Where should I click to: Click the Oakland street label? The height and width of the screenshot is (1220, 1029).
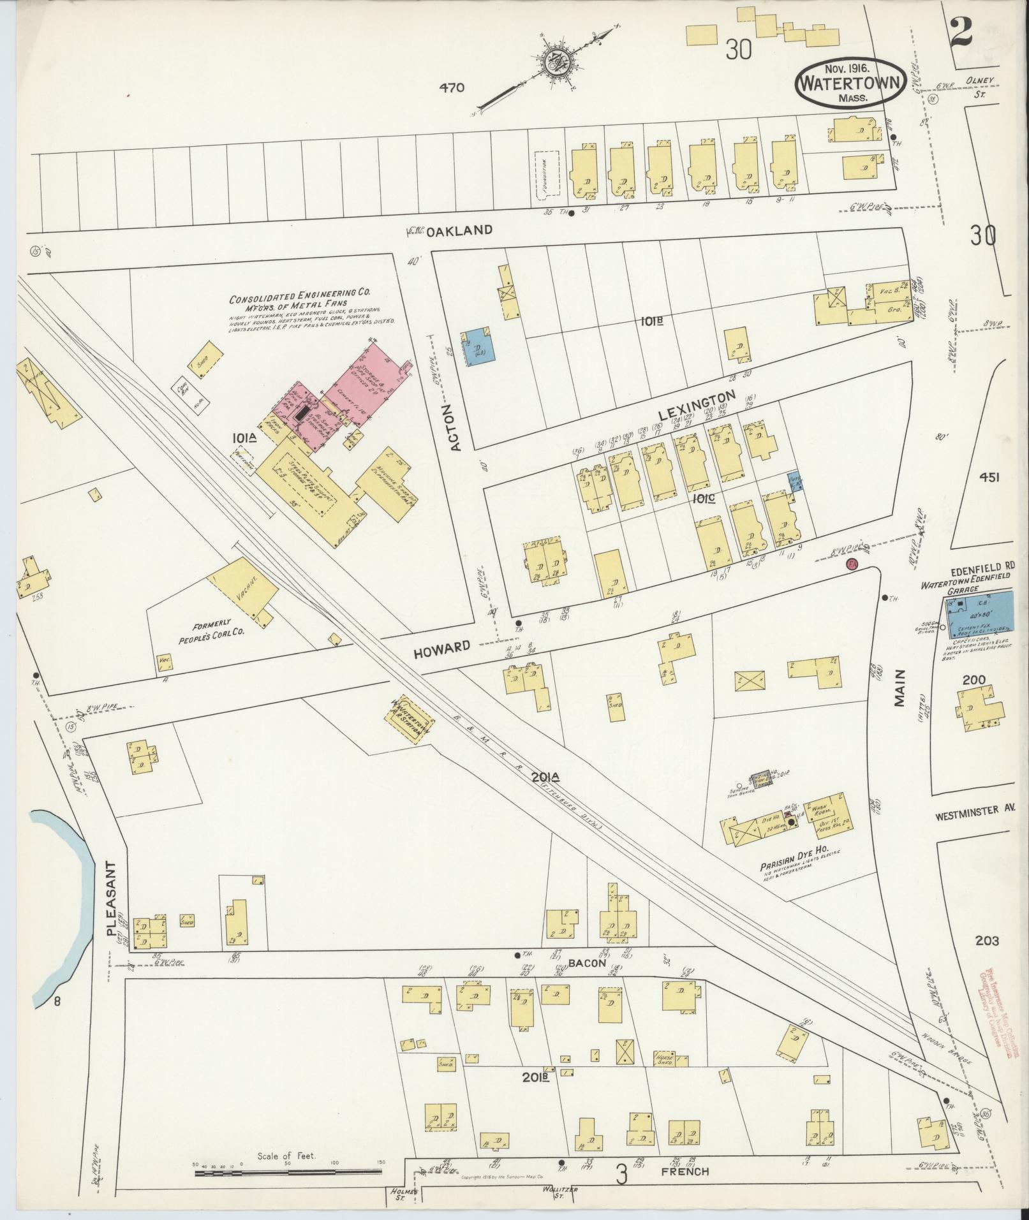pyautogui.click(x=459, y=230)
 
